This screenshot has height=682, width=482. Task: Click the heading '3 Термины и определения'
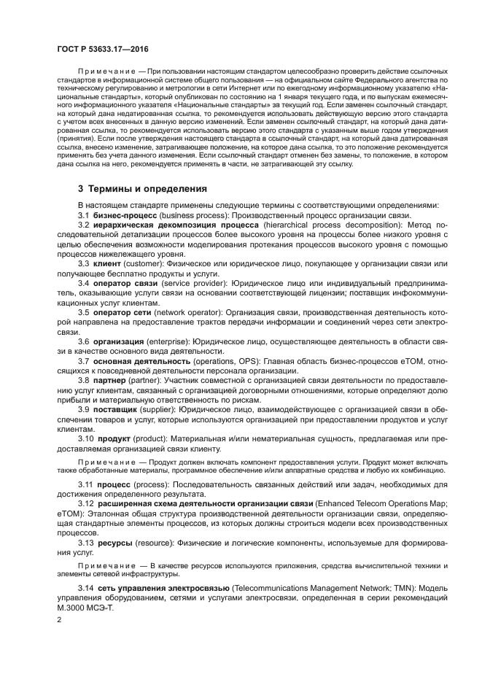point(142,189)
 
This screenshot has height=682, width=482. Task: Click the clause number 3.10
point(86,438)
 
